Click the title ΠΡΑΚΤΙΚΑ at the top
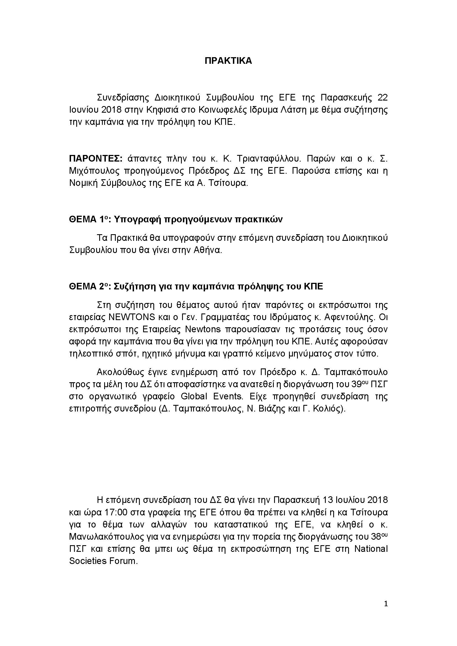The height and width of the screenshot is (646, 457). [228, 61]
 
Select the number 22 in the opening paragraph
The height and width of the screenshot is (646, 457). [382, 97]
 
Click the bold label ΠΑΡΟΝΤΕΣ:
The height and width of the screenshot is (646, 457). [95, 159]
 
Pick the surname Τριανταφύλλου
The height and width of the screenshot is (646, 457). [269, 159]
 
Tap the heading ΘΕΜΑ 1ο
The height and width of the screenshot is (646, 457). [89, 220]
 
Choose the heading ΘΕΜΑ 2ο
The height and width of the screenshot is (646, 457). [89, 287]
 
